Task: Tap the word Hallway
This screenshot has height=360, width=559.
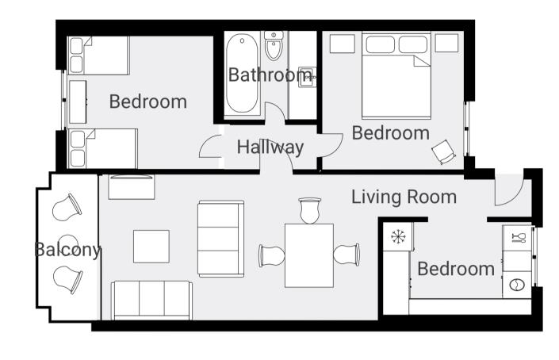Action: click(270, 147)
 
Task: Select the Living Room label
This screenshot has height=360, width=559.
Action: click(404, 197)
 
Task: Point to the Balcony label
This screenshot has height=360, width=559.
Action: click(67, 250)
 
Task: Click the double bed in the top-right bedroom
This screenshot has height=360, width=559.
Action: click(396, 75)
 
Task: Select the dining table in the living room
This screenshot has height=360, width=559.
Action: click(308, 255)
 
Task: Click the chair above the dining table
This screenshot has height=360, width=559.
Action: click(309, 211)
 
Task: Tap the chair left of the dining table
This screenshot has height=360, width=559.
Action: click(271, 255)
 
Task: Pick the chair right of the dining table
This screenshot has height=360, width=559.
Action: click(347, 255)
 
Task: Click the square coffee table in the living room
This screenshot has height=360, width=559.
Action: click(151, 246)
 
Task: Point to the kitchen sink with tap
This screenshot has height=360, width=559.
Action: click(519, 237)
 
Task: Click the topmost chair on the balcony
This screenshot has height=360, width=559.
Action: click(66, 208)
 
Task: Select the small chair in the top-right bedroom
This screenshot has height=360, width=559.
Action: click(444, 151)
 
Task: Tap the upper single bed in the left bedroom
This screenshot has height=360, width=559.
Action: click(99, 56)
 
